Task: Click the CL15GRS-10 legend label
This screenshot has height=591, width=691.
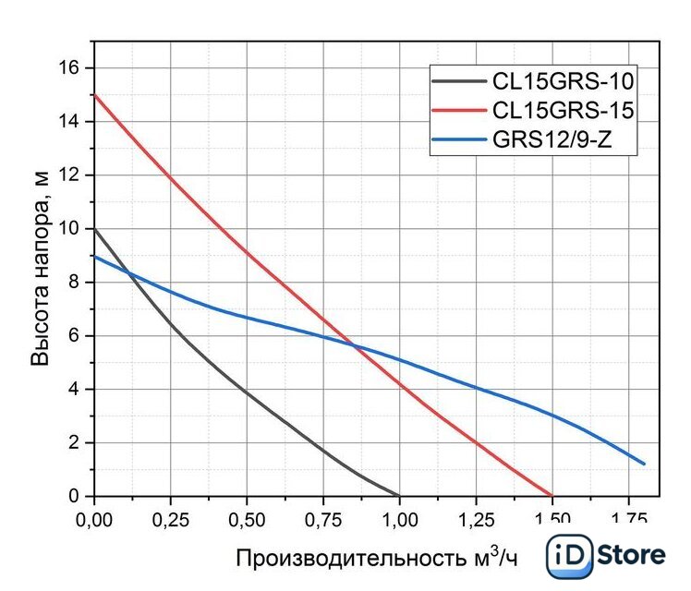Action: [563, 83]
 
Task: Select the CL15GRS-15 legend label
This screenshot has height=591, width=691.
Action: [563, 112]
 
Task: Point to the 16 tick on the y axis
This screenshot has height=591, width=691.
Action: [73, 68]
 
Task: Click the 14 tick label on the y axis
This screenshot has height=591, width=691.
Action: [73, 122]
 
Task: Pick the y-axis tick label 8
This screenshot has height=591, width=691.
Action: [78, 283]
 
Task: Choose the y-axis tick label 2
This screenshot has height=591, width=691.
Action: [78, 443]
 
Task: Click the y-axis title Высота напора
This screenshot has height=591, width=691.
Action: [41, 269]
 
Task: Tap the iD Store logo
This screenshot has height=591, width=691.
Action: [606, 555]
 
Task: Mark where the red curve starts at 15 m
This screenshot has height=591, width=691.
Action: [94, 95]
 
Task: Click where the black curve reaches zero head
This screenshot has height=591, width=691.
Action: [399, 496]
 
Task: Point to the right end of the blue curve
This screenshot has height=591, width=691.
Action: [644, 464]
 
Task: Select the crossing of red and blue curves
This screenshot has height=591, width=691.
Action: [353, 345]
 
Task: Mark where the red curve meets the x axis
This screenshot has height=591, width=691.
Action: [552, 496]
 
